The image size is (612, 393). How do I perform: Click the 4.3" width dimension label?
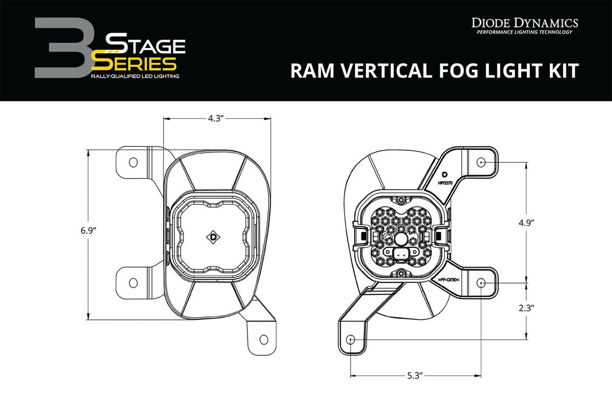pyautogui.click(x=215, y=119)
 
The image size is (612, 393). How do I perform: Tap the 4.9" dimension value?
pyautogui.click(x=527, y=223)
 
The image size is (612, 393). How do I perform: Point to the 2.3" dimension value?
pyautogui.click(x=527, y=309)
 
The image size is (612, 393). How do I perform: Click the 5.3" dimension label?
pyautogui.click(x=416, y=375)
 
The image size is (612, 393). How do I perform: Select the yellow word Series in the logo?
pyautogui.click(x=135, y=62)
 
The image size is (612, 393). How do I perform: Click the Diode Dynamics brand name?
pyautogui.click(x=525, y=23)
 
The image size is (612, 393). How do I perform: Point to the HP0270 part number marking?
pyautogui.click(x=445, y=183)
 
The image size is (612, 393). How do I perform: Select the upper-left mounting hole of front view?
pyautogui.click(x=133, y=162)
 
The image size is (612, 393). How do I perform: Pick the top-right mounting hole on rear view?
pyautogui.click(x=481, y=162)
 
